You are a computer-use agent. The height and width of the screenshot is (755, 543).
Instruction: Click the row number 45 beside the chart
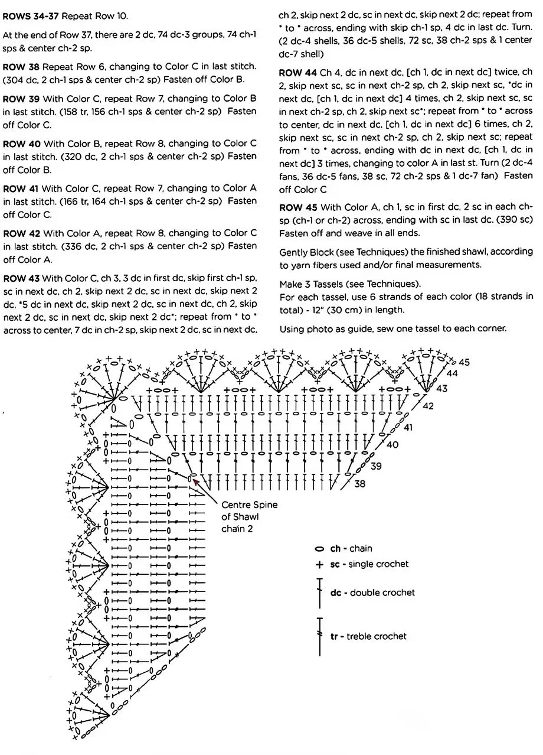[x=464, y=362]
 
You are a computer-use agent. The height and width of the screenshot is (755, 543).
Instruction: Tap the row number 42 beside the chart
[x=428, y=406]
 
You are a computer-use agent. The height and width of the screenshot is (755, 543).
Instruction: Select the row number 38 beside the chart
[x=359, y=484]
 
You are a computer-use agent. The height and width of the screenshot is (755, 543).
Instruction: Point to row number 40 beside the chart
[x=392, y=445]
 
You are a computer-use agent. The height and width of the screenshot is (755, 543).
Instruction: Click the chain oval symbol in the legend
[x=320, y=549]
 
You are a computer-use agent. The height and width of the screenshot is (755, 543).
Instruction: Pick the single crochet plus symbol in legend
[x=320, y=565]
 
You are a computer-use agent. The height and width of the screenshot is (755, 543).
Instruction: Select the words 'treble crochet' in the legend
[x=377, y=636]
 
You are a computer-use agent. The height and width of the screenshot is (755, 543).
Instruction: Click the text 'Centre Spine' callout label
[x=249, y=505]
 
